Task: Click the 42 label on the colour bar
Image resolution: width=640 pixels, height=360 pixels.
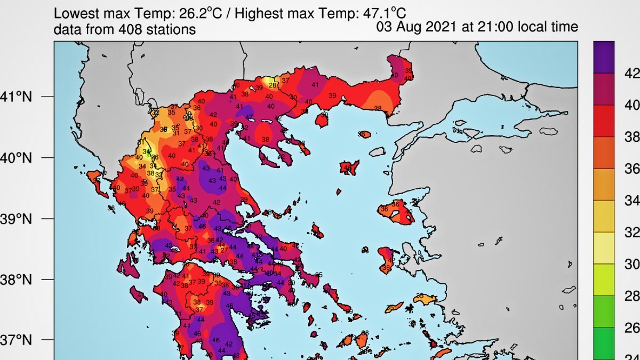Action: tap(631, 73)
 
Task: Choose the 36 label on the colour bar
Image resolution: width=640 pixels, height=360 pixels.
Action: tap(631, 169)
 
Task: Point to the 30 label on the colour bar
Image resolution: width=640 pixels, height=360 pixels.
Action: tap(631, 265)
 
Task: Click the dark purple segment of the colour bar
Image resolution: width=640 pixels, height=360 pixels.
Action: tap(604, 57)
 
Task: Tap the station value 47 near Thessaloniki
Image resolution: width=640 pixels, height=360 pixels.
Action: tap(249, 117)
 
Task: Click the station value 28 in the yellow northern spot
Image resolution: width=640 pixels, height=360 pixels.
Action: tap(272, 85)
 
